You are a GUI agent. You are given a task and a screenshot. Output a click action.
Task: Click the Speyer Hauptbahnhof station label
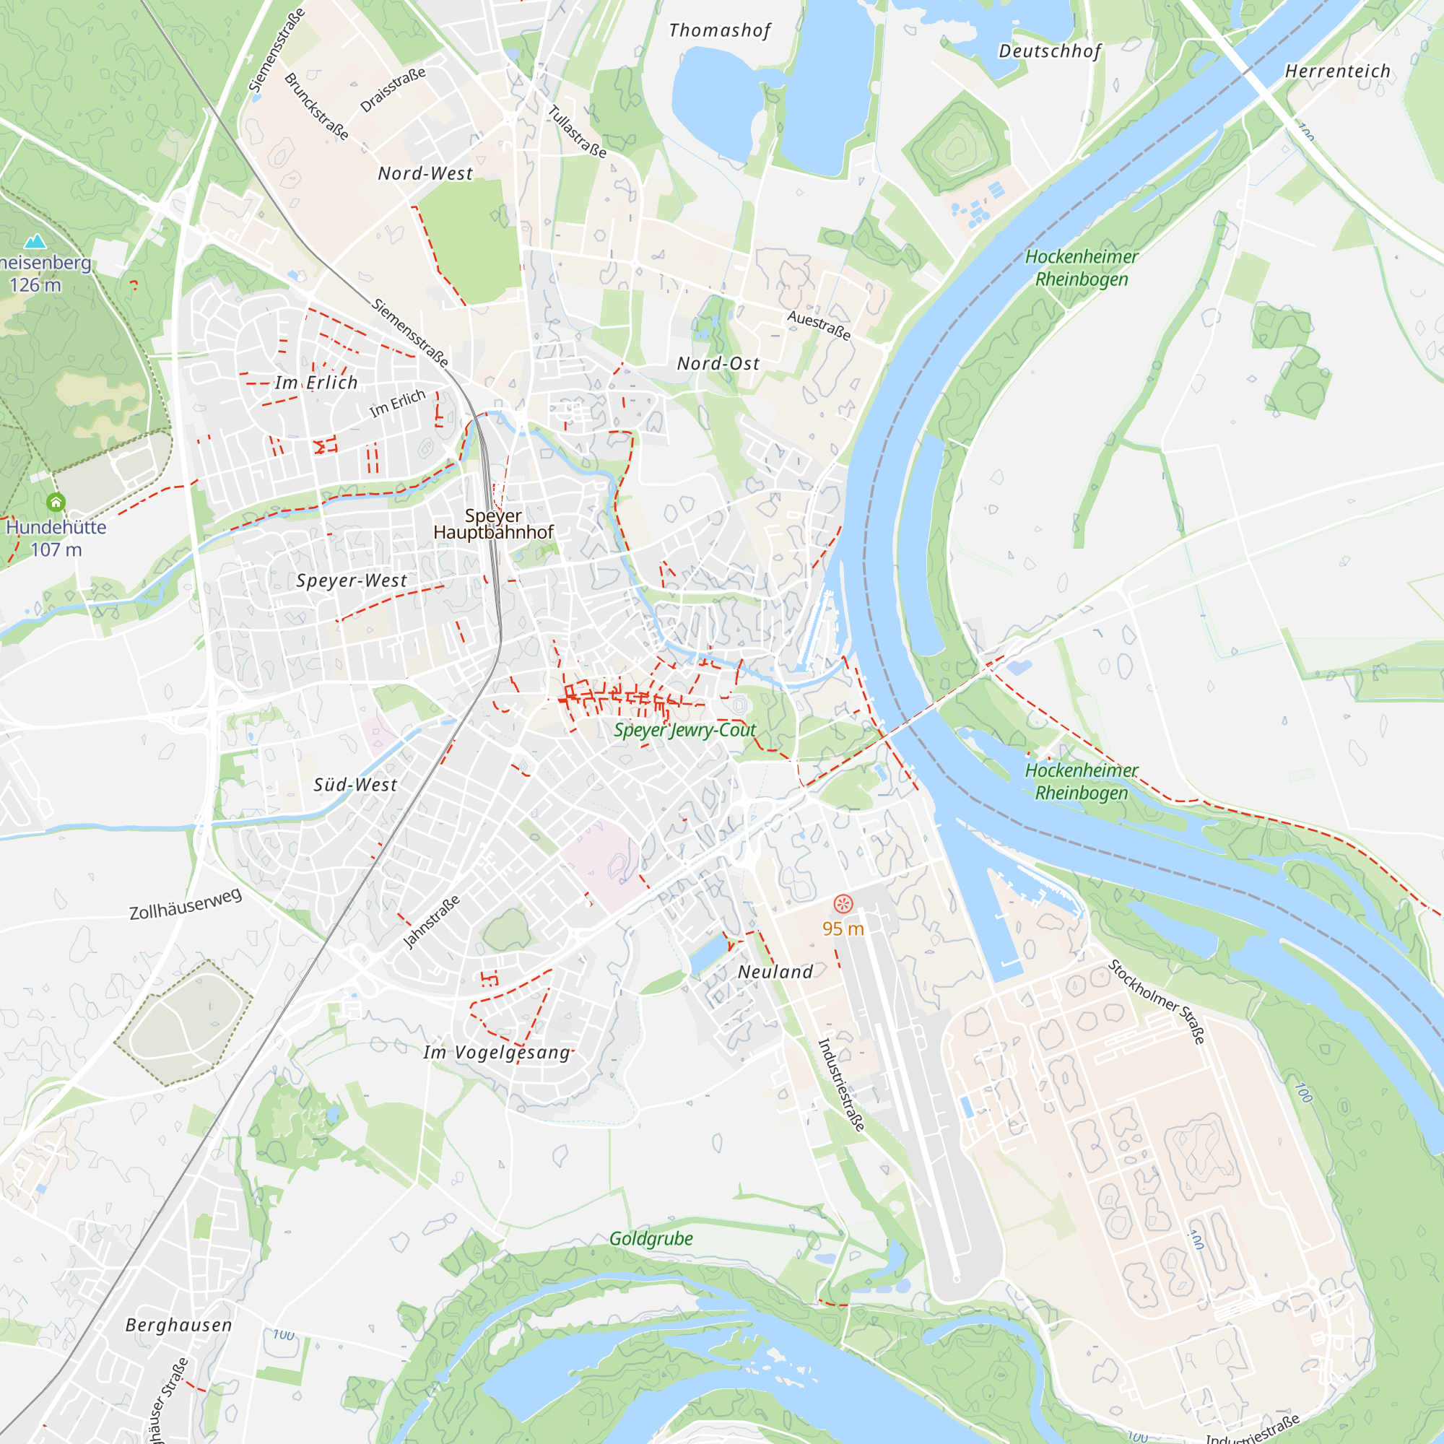click(493, 524)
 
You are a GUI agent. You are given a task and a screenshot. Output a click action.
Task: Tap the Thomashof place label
click(719, 30)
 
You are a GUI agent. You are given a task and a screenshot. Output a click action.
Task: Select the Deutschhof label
click(1049, 51)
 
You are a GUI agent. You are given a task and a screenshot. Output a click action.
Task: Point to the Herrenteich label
click(1337, 71)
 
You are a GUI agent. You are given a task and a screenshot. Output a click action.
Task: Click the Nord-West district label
click(425, 173)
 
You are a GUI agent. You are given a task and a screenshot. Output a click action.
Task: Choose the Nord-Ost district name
click(718, 363)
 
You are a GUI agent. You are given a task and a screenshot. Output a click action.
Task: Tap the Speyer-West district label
click(352, 580)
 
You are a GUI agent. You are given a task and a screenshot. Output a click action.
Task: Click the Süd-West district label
click(355, 785)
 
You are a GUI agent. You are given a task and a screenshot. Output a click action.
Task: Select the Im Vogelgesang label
click(496, 1053)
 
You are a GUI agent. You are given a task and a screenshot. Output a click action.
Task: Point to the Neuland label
click(775, 972)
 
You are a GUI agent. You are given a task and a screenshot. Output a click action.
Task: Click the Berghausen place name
click(178, 1325)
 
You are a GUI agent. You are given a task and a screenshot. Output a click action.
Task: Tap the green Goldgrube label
click(651, 1238)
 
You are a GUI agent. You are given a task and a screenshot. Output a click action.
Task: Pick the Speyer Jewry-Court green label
click(684, 730)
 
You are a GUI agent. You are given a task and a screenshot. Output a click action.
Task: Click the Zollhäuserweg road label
click(186, 905)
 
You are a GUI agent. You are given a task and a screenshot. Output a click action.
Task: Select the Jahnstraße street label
click(431, 921)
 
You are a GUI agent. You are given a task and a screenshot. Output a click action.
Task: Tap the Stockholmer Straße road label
click(1156, 1001)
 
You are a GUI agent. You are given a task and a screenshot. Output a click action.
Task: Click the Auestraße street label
click(819, 325)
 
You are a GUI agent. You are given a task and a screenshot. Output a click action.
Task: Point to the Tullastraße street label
click(577, 131)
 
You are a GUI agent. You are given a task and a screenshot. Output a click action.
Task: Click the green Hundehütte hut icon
click(56, 503)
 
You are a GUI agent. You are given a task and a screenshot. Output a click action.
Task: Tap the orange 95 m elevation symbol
click(843, 905)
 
